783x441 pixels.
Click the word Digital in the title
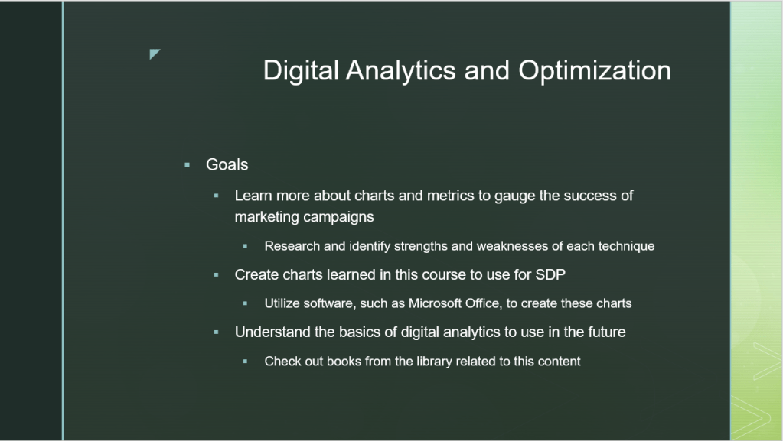coord(301,70)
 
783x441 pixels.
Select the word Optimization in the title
coord(595,70)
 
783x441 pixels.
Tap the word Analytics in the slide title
coord(400,70)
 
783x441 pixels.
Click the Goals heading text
coord(227,164)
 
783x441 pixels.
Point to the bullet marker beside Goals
coord(188,164)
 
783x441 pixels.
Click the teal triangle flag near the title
coord(155,54)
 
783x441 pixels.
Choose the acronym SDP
coord(550,275)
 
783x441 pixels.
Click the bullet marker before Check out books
coord(245,362)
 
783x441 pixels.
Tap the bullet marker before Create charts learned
coord(216,275)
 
